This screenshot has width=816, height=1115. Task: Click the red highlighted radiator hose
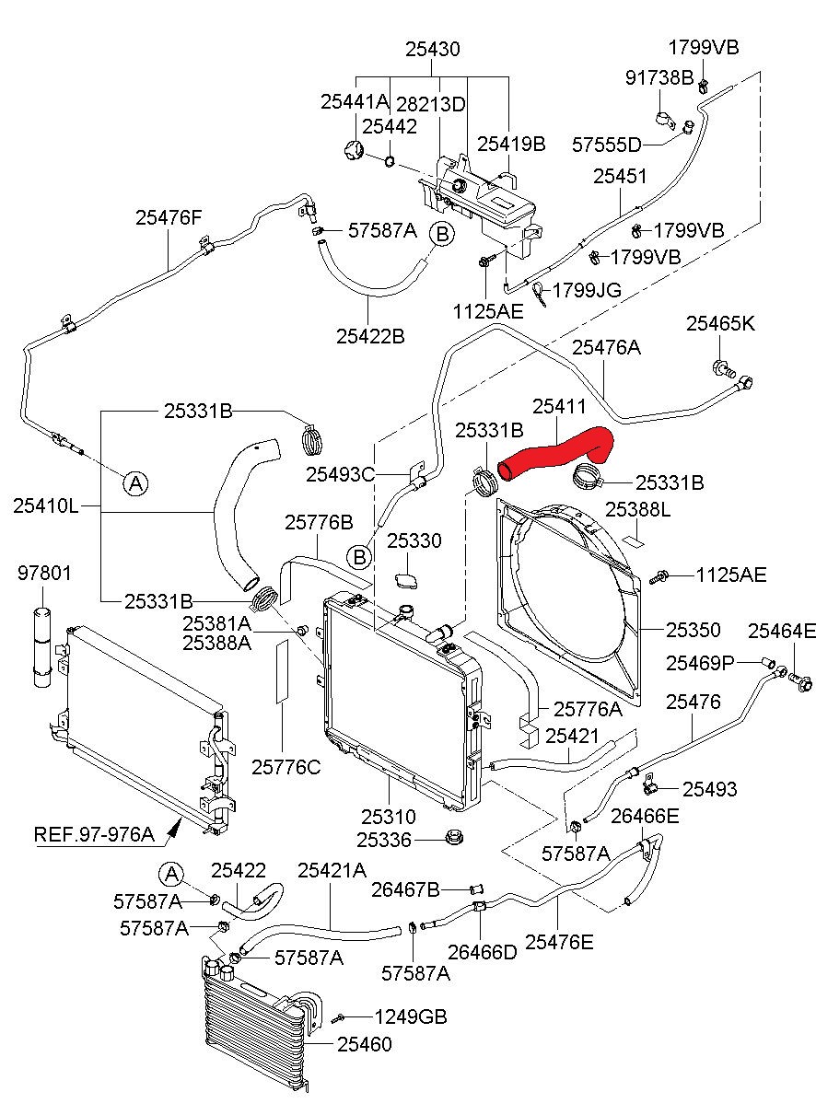(x=553, y=454)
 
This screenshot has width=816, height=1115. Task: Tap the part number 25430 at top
(x=433, y=50)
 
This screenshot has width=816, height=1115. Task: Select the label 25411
(x=559, y=407)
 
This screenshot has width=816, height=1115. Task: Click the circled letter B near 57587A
(x=442, y=234)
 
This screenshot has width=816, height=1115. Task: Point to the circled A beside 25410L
(x=136, y=482)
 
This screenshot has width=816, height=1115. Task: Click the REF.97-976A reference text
(x=94, y=834)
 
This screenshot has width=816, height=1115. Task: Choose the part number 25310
(x=389, y=817)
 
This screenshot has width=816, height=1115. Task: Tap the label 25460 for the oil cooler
(x=365, y=1044)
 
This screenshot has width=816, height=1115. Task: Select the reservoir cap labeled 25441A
(x=354, y=150)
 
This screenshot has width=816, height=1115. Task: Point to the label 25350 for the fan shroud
(x=694, y=630)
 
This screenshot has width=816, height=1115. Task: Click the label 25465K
(x=720, y=323)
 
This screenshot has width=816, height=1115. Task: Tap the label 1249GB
(x=411, y=1016)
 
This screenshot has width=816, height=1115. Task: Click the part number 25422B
(x=370, y=336)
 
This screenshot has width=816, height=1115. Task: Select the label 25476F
(x=169, y=217)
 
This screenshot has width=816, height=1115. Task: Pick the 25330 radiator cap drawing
(x=406, y=581)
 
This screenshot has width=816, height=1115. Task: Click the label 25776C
(x=286, y=767)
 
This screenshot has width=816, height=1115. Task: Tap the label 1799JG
(x=587, y=290)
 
